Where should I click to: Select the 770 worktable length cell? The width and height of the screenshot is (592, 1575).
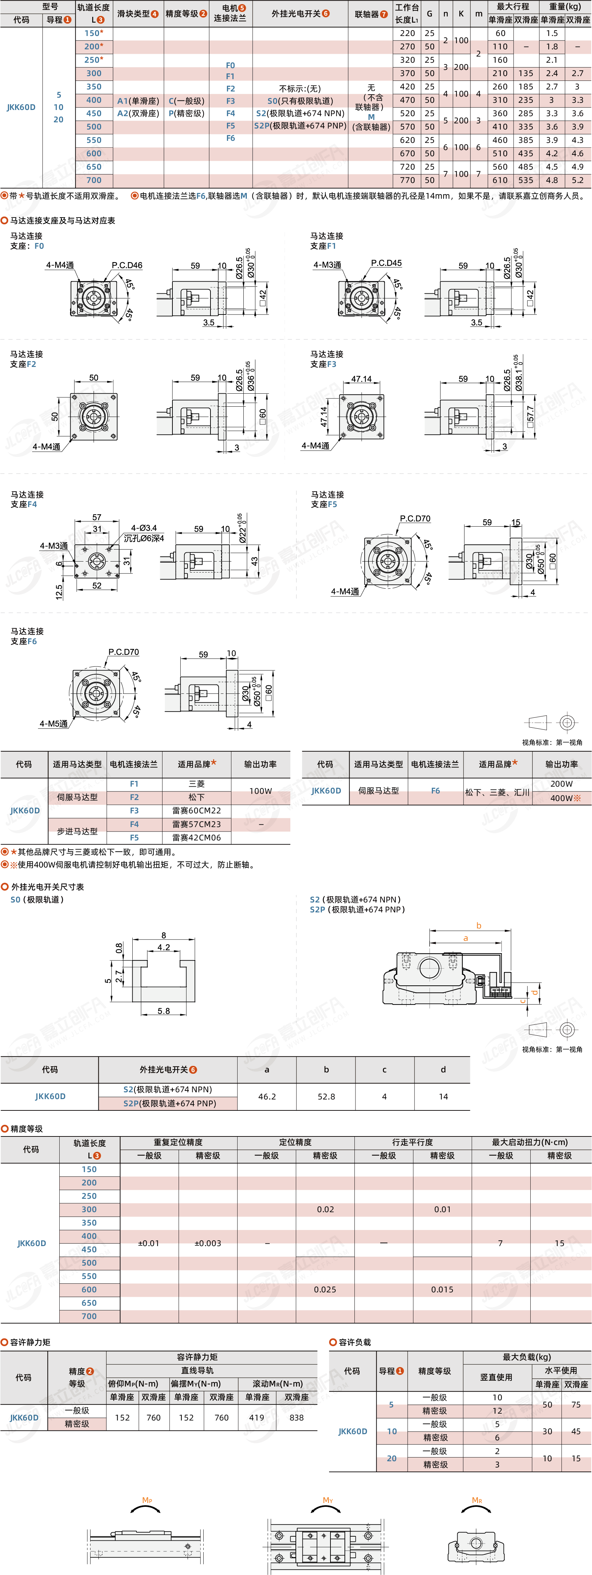point(407,180)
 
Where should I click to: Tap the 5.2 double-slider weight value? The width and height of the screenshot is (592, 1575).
point(577,180)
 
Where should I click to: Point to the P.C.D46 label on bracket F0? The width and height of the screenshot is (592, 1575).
point(126,265)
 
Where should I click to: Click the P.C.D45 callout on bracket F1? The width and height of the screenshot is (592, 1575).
point(386,263)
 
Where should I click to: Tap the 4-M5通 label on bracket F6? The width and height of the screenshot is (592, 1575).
point(54,723)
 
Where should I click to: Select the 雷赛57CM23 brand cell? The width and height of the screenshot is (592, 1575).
point(196,824)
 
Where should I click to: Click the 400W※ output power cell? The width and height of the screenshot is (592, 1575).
point(565,798)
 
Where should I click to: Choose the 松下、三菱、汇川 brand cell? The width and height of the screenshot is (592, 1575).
point(497,792)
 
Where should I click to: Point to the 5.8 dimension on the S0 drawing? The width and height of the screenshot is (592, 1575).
point(163,1011)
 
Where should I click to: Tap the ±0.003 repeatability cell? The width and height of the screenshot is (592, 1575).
point(208,1243)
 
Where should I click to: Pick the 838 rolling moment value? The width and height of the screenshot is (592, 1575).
point(297,1417)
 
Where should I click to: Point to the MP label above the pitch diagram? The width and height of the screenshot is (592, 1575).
point(147,1500)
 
